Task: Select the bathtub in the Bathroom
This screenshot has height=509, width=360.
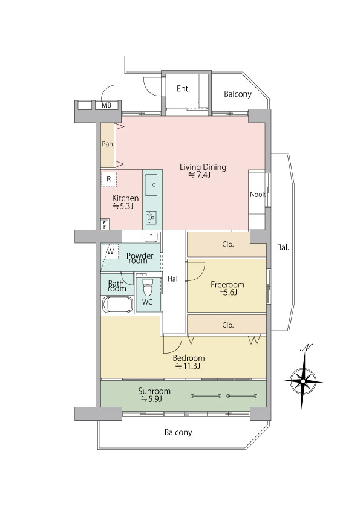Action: click(x=117, y=305)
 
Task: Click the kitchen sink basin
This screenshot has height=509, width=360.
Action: click(x=151, y=185)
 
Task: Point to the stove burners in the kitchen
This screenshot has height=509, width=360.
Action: click(x=151, y=217)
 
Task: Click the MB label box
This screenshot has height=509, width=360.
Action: click(x=106, y=105)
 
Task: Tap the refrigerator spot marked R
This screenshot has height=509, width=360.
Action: click(x=109, y=178)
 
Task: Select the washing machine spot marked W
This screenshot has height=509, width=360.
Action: click(x=111, y=251)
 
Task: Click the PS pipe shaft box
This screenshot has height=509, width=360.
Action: click(x=105, y=225)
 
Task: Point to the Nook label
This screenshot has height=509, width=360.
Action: click(x=257, y=195)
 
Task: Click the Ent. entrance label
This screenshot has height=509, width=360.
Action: click(x=183, y=89)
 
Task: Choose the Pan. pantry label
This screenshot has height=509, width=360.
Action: click(x=108, y=144)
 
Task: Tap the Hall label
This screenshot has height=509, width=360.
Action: click(x=173, y=279)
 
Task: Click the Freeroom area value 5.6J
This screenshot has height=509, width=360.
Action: click(x=228, y=293)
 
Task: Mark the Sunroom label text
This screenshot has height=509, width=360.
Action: click(x=154, y=391)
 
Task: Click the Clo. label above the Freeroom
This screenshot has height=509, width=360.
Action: click(x=228, y=244)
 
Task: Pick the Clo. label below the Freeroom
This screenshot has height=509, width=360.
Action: click(x=228, y=325)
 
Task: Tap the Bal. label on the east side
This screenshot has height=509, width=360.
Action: click(x=283, y=248)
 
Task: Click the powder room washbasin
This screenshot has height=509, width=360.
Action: click(x=151, y=238)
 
